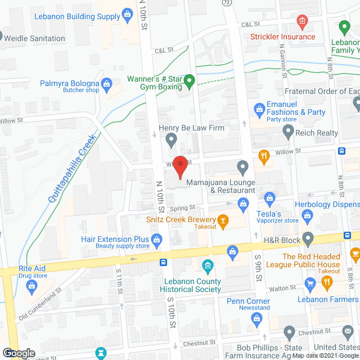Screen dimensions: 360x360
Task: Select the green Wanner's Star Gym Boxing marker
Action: point(190,82)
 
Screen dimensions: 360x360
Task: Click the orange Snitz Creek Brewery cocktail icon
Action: point(223,220)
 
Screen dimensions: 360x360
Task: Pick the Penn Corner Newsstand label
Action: point(248,304)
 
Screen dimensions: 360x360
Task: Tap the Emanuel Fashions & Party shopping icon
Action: point(259,108)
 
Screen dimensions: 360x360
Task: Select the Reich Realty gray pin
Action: point(289,133)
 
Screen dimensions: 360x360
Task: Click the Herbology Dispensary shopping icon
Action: point(308,214)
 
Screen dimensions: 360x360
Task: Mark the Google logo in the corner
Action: point(19,353)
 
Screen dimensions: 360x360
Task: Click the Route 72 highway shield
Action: point(226,3)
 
